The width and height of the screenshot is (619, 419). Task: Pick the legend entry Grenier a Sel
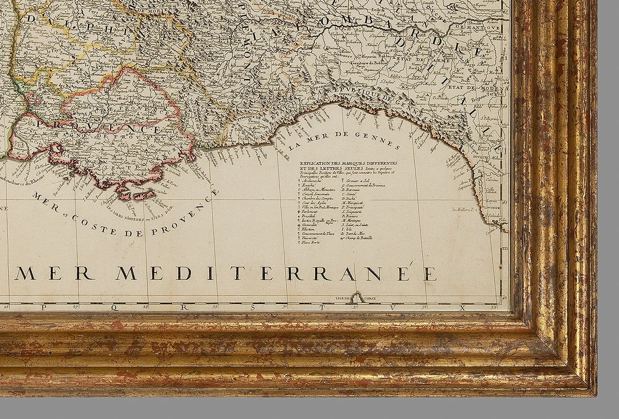click(357, 181)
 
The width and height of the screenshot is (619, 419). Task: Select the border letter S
click(253, 307)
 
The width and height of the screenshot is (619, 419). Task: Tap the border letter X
click(462, 307)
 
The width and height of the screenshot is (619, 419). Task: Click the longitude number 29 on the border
click(215, 306)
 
